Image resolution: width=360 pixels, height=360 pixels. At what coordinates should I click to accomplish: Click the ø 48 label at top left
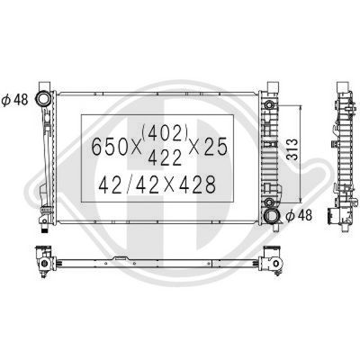pos(15,99)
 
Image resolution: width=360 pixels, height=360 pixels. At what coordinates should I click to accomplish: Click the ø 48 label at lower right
pos(301,215)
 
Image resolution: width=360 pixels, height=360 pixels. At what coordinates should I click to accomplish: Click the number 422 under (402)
pos(166,156)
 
